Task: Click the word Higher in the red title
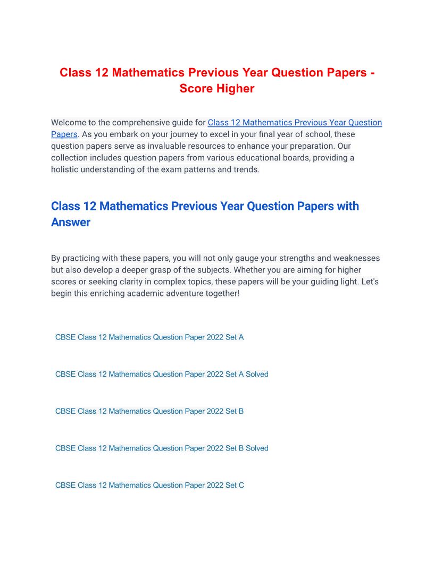pyautogui.click(x=234, y=89)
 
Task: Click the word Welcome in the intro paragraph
pyautogui.click(x=70, y=123)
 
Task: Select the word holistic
pyautogui.click(x=65, y=169)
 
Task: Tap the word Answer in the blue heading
pyautogui.click(x=71, y=222)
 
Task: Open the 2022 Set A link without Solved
pyautogui.click(x=149, y=337)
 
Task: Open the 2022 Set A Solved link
pyautogui.click(x=162, y=375)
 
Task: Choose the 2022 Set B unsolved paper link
pyautogui.click(x=149, y=411)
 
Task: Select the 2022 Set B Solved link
pyautogui.click(x=162, y=448)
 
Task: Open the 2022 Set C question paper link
pyautogui.click(x=149, y=486)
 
